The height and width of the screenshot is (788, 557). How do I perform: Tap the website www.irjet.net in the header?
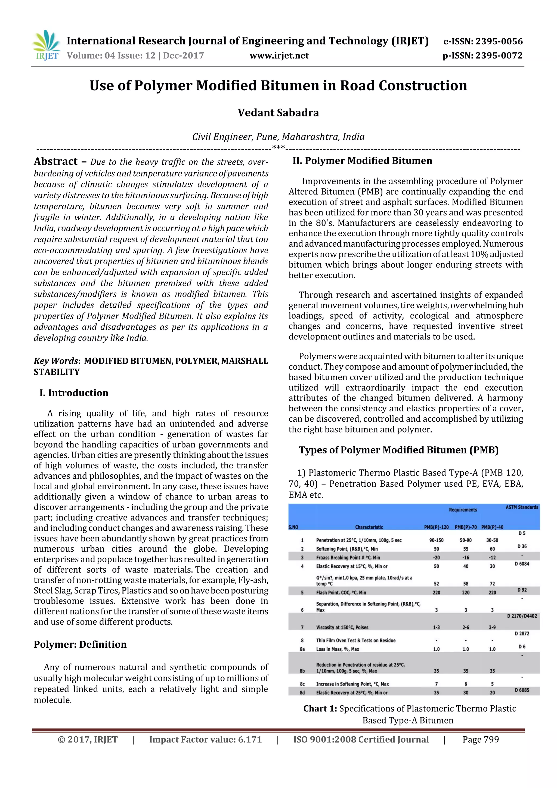tap(279, 55)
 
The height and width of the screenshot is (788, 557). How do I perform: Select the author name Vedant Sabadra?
tap(278, 113)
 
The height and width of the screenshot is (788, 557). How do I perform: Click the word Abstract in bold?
tap(55, 161)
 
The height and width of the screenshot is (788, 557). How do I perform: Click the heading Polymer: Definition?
tap(80, 644)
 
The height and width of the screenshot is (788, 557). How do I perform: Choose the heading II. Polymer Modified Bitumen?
tap(362, 161)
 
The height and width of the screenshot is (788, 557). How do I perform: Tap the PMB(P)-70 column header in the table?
tap(465, 527)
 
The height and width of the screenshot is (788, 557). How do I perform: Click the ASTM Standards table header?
tap(522, 507)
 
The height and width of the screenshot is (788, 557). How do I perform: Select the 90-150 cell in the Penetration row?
tap(436, 540)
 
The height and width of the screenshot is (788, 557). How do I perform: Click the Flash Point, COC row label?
tap(341, 592)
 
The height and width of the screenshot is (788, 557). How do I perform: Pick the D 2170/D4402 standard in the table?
tap(522, 616)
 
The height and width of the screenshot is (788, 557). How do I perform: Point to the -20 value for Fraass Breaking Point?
tap(436, 558)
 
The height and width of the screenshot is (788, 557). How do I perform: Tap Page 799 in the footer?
tap(481, 739)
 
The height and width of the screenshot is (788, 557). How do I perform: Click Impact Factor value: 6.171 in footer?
tap(205, 739)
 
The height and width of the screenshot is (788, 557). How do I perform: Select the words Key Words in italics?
tap(55, 361)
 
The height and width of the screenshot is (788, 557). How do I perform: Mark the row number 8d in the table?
tap(302, 693)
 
